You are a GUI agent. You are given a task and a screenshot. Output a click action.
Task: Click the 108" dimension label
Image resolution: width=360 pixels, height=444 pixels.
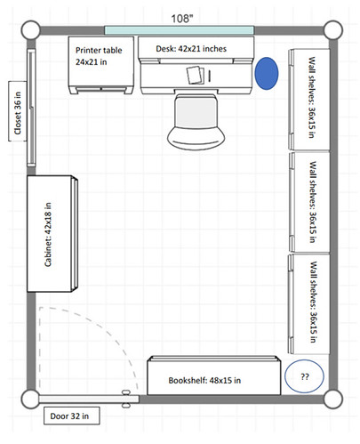click(x=182, y=19)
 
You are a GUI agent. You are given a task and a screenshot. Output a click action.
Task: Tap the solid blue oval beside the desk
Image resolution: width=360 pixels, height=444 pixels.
click(x=267, y=73)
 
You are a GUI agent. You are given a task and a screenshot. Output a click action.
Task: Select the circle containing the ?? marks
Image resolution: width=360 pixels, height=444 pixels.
click(x=304, y=376)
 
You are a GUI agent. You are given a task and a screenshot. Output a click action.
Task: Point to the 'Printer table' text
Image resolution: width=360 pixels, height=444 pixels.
click(x=99, y=50)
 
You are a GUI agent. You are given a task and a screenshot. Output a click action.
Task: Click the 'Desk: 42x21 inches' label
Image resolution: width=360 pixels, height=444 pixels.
click(x=191, y=49)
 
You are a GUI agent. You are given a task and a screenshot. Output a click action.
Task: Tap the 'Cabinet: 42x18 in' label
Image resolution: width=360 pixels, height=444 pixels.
click(x=48, y=234)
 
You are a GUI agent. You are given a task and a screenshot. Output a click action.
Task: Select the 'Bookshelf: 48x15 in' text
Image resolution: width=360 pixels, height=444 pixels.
click(x=204, y=380)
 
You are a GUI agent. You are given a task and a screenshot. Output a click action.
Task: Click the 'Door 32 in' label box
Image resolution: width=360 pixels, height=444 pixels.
click(x=71, y=416)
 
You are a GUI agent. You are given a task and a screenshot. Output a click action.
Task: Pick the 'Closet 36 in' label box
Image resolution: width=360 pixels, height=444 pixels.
click(x=18, y=111)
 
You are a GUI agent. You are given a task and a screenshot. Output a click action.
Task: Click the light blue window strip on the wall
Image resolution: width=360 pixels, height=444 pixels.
click(x=180, y=30)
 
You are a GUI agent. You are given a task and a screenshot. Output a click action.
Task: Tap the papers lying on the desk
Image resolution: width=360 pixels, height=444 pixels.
click(x=196, y=75)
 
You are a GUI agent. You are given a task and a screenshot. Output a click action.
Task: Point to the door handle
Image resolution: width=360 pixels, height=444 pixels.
click(x=126, y=399)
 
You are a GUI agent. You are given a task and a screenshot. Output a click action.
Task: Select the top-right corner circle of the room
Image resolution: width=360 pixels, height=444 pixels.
click(x=333, y=30)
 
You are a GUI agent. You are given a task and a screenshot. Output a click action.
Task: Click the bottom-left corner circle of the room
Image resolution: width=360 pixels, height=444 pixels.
click(x=30, y=400)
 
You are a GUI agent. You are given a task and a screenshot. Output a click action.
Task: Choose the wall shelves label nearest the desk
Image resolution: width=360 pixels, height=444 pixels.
click(x=311, y=97)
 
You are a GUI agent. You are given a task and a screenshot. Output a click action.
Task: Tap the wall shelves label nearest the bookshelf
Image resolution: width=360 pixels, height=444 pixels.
click(x=314, y=302)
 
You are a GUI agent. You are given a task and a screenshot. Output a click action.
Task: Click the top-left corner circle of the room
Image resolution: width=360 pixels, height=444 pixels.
click(x=30, y=30)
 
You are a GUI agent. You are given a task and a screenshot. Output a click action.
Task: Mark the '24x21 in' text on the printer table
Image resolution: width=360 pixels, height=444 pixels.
click(x=91, y=62)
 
